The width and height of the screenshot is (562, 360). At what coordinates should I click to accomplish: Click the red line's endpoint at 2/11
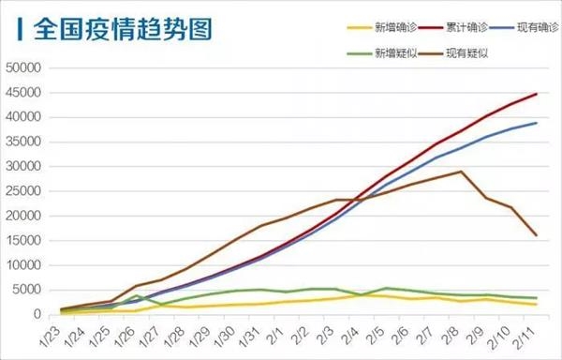[536, 94]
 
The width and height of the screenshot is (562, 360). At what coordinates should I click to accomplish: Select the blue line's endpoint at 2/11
[536, 123]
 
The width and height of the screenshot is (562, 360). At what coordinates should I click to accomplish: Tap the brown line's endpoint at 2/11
[536, 235]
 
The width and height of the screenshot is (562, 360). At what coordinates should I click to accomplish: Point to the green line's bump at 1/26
[138, 295]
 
